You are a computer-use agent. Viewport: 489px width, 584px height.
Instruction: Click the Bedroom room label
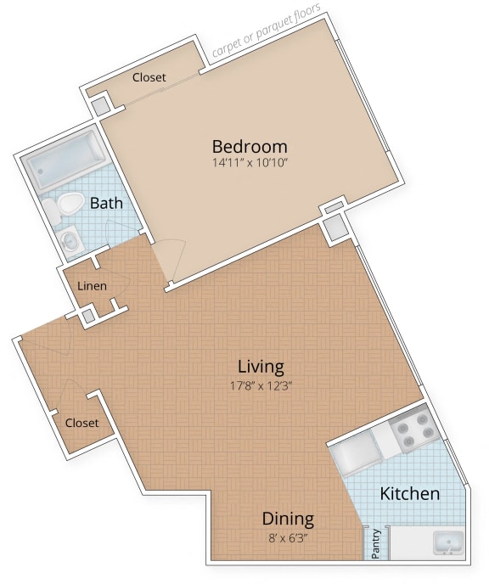(x=250, y=145)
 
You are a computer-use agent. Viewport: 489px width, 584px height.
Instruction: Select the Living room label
(x=261, y=367)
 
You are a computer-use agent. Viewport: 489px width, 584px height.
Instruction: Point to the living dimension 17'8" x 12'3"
(x=261, y=385)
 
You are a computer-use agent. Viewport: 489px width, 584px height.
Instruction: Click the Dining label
(x=288, y=518)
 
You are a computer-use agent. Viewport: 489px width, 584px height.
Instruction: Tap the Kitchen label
(x=409, y=493)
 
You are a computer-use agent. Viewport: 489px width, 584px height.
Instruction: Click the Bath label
(x=107, y=203)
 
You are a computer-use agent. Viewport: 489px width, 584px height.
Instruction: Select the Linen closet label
(x=92, y=286)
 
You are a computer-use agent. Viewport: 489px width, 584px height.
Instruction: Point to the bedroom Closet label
(x=149, y=77)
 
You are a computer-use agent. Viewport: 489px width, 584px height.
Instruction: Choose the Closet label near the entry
(x=81, y=422)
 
